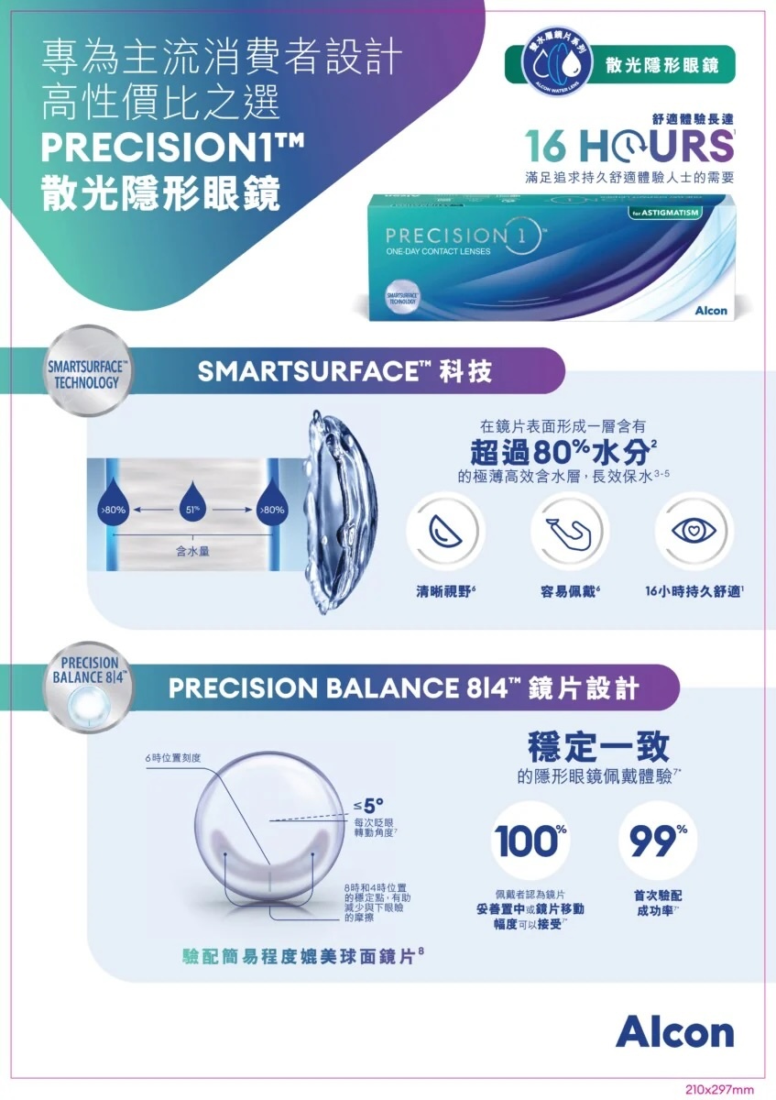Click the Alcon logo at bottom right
coord(674,1031)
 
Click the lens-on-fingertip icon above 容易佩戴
coord(569,531)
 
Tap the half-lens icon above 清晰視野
coord(443,531)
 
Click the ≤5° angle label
coord(368,806)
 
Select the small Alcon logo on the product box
coord(711,311)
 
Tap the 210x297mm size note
coord(719,1089)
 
